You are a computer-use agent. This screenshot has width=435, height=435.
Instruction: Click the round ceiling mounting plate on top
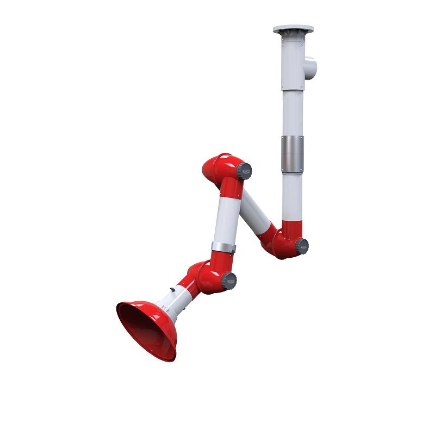294,28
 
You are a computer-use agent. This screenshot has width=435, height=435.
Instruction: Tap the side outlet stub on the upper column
309,67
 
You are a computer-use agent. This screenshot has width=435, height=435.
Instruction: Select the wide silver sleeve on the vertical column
293,153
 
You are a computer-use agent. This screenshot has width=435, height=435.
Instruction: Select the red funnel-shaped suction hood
146,328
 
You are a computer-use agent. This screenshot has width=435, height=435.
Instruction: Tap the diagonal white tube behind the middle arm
256,212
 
